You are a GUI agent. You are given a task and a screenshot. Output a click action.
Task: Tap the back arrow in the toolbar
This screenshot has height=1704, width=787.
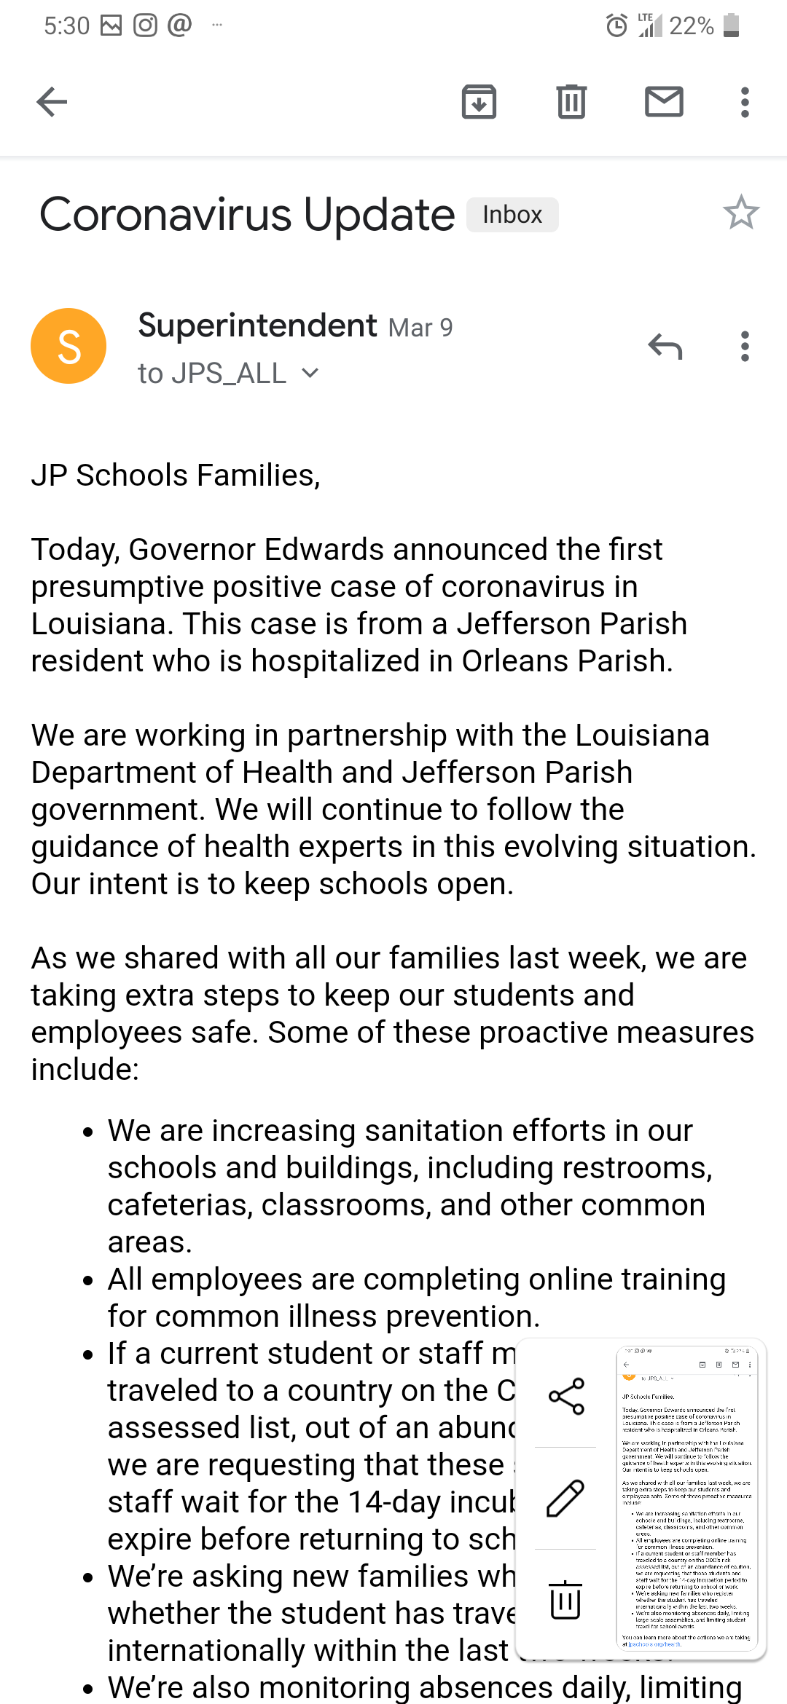tap(52, 102)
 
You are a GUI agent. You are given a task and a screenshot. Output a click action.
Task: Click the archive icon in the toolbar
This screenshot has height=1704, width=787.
tap(479, 102)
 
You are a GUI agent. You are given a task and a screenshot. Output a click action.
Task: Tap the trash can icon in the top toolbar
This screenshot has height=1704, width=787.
tap(571, 102)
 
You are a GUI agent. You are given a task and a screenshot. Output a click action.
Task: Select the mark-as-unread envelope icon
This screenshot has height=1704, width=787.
tap(664, 102)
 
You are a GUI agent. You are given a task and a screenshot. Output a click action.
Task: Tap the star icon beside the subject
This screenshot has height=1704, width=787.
tap(741, 213)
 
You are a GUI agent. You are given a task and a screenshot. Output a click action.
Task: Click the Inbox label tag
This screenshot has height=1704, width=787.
tap(512, 215)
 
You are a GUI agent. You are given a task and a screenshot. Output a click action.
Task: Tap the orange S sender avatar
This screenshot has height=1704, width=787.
tap(68, 346)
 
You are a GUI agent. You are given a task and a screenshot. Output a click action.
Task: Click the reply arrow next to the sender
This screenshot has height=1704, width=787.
tap(665, 347)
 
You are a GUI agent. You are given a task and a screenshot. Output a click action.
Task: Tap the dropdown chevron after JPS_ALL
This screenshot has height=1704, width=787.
tap(310, 374)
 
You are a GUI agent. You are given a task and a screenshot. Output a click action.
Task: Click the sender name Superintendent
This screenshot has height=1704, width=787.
tap(257, 326)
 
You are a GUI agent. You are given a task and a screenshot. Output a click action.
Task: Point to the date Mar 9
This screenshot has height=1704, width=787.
tap(420, 328)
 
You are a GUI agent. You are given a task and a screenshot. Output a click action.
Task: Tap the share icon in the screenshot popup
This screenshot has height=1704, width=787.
tap(566, 1396)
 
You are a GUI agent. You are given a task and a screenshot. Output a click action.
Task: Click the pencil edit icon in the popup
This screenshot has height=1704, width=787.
tap(565, 1499)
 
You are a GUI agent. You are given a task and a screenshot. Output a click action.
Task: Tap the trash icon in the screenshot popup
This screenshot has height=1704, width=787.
tap(565, 1600)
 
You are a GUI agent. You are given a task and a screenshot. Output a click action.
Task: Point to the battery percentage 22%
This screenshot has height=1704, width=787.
tap(691, 26)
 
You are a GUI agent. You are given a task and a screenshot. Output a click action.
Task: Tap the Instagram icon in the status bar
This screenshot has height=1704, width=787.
tap(145, 25)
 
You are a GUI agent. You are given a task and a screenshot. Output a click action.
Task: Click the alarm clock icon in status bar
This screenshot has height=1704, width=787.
tap(616, 26)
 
